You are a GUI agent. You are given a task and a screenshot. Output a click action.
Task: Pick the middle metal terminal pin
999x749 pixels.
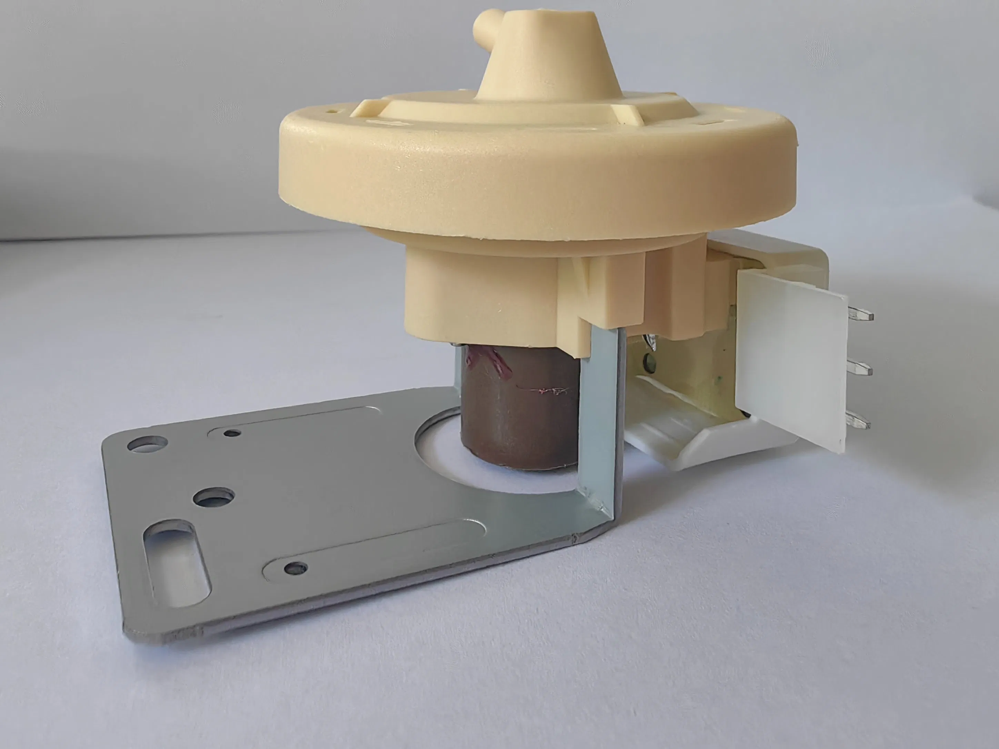click(858, 369)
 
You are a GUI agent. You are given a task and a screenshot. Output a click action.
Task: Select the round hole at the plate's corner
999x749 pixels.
click(147, 443)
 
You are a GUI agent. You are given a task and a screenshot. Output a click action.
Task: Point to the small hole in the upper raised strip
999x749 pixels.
click(232, 433)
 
